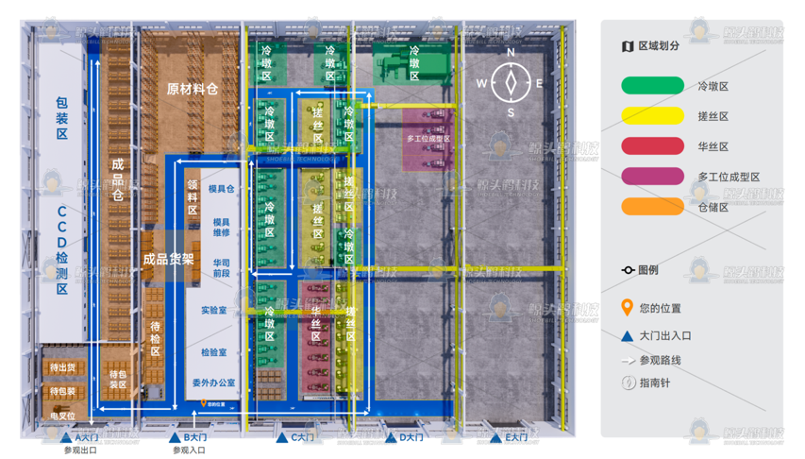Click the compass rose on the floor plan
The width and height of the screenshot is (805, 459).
click(511, 82)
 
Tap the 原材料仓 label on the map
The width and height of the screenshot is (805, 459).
click(193, 89)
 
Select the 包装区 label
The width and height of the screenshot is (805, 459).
click(62, 118)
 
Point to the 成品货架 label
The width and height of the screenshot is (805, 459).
click(169, 258)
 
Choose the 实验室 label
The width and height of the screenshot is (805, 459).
click(214, 310)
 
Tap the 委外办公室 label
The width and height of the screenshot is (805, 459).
click(214, 382)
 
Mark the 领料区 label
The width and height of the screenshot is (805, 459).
click(193, 197)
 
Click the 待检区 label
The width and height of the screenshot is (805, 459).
click(156, 338)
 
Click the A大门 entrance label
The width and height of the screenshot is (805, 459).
click(86, 438)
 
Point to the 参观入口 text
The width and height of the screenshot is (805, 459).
click(189, 450)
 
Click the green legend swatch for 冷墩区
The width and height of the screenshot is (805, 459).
click(652, 86)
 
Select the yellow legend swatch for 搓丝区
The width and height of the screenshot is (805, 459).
click(652, 116)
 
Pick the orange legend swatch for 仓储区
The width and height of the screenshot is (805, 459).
click(652, 207)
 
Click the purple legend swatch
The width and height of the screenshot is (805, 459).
click(652, 177)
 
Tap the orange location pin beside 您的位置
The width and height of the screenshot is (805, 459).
click(627, 308)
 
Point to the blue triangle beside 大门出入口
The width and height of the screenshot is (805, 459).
click(627, 335)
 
